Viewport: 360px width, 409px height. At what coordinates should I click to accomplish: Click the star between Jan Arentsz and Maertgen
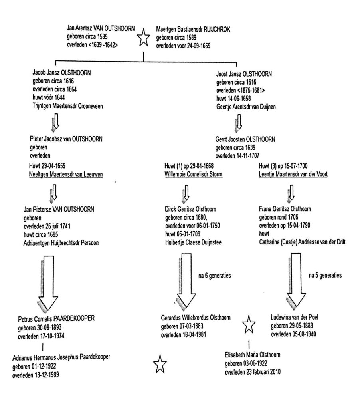[x=143, y=37]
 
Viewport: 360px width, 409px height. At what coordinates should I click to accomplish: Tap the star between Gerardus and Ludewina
[x=249, y=324]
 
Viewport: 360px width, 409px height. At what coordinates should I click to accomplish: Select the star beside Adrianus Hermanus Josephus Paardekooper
[x=160, y=364]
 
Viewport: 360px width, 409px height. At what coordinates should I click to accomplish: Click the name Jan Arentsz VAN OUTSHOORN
[x=101, y=28]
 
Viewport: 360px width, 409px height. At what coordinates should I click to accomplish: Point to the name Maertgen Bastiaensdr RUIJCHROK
[x=193, y=29]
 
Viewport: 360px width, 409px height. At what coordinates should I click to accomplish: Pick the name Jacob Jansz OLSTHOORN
[x=61, y=73]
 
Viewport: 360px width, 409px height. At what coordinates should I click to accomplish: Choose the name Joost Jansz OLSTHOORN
[x=244, y=74]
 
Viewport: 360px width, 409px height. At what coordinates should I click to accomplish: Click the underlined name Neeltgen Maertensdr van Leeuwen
[x=66, y=174]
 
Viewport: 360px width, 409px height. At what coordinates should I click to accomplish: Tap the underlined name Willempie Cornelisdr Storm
[x=194, y=174]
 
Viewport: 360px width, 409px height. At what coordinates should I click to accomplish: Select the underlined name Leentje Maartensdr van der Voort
[x=293, y=174]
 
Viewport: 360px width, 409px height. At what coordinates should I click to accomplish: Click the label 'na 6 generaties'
[x=215, y=276]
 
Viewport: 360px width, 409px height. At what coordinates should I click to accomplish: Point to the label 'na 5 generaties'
[x=325, y=275]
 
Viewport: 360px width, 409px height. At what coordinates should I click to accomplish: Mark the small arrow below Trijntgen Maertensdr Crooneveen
[x=55, y=122]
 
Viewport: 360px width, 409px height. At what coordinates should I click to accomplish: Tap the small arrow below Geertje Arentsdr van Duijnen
[x=238, y=123]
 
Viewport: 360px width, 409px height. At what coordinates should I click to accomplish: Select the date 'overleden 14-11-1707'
[x=237, y=156]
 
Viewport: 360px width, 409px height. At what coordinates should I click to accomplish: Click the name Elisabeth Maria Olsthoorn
[x=253, y=355]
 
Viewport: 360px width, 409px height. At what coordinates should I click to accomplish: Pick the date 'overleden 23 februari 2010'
[x=253, y=372]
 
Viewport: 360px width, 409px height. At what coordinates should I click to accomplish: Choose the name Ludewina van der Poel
[x=294, y=317]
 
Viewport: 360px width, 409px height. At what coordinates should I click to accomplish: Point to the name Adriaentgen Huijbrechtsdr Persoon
[x=61, y=243]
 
